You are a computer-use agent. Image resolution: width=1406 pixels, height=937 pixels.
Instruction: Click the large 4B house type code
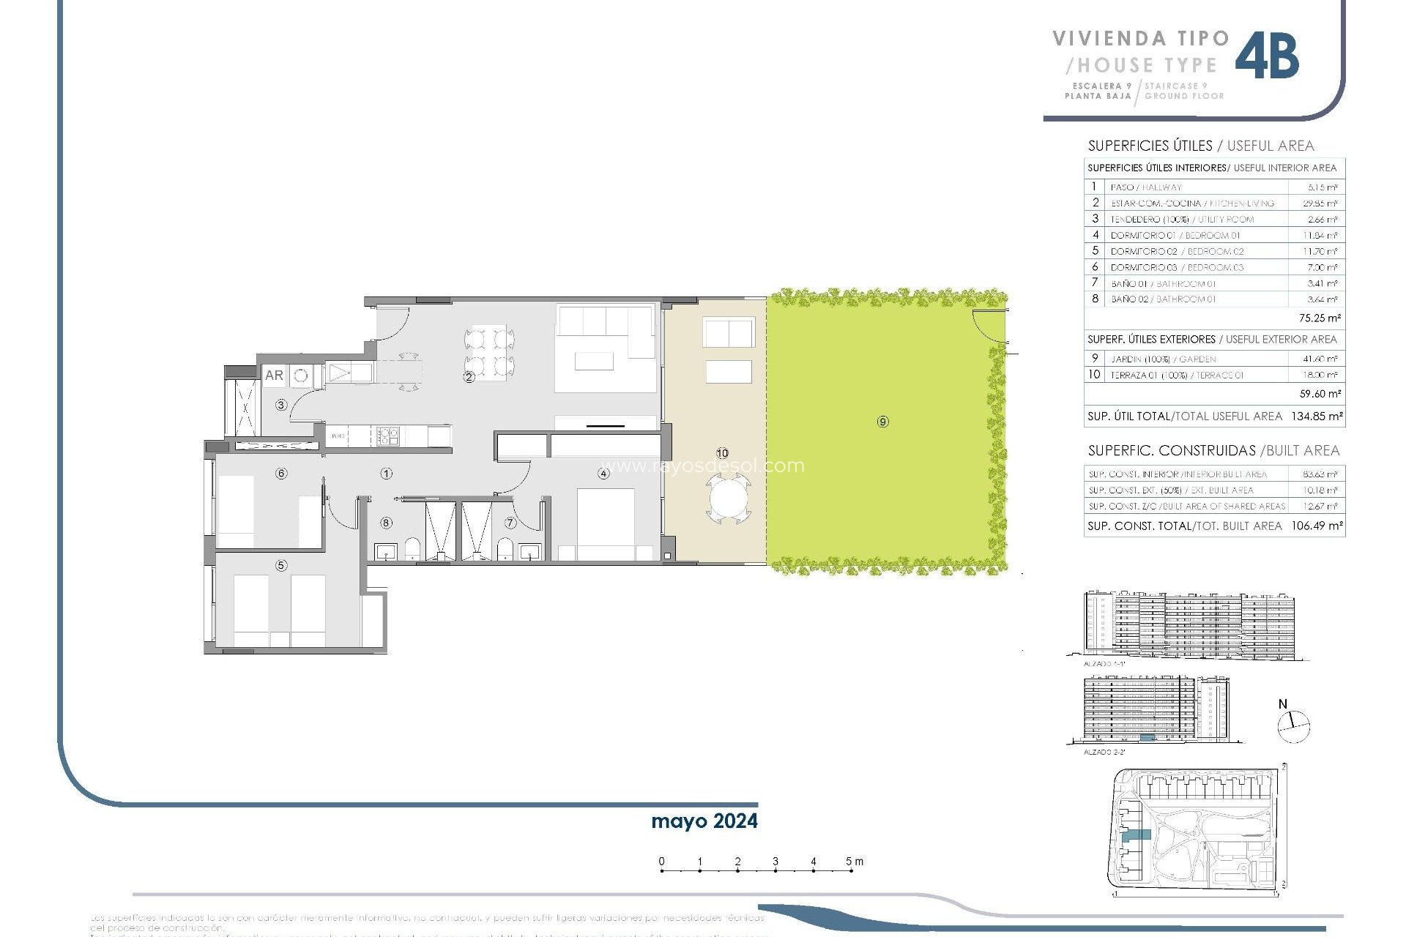point(1268,56)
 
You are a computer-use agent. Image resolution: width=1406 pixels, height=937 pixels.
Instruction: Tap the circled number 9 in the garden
point(882,422)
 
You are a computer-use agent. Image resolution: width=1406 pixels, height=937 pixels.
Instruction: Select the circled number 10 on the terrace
point(722,453)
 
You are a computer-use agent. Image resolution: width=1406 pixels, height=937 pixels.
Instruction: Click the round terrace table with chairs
point(729,500)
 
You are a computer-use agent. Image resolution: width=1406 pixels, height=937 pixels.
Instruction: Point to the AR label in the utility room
point(274,376)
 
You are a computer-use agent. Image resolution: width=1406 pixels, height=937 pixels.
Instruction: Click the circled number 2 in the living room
point(469,377)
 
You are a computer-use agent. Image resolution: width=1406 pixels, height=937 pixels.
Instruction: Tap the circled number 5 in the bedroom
point(281,565)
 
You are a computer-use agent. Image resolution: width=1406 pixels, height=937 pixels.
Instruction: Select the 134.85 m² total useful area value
point(1317,416)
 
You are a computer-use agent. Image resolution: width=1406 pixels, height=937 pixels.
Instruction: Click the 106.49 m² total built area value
point(1317,526)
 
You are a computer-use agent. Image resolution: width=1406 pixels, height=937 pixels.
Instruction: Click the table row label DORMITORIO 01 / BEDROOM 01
point(1175,235)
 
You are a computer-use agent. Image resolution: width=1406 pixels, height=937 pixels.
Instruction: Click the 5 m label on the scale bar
point(854,862)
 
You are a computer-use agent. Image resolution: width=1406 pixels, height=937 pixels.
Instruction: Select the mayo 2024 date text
point(704,821)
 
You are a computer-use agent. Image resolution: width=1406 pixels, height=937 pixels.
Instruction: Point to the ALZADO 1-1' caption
point(1104,664)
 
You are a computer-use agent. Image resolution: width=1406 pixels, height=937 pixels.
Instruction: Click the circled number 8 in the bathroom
point(386,523)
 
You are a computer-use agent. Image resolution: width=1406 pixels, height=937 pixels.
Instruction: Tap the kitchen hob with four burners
point(387,436)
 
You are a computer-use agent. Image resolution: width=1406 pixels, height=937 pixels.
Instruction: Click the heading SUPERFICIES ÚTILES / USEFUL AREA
point(1200,146)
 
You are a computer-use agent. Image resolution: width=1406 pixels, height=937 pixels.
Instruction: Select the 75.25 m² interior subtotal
point(1320,318)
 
